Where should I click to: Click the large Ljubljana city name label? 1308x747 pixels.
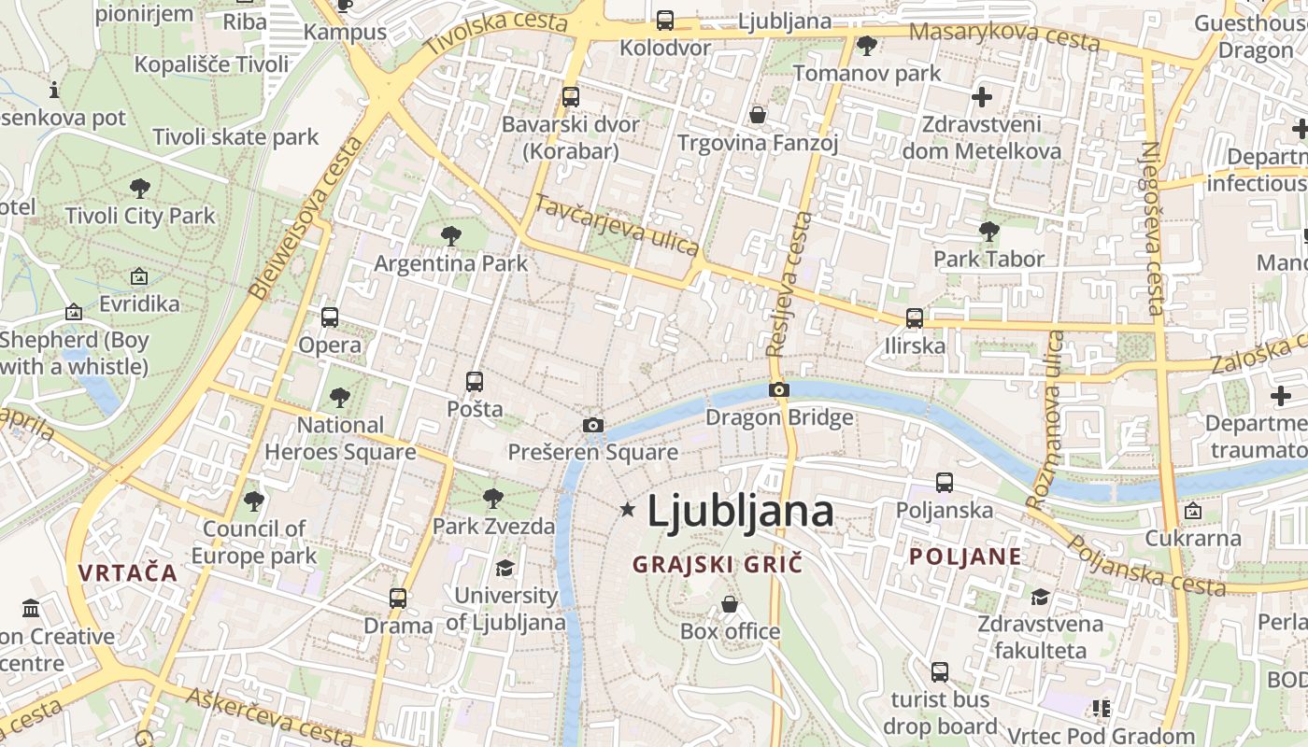point(740,511)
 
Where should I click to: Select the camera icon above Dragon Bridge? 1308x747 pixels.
point(779,389)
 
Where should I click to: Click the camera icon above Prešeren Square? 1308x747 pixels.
point(592,426)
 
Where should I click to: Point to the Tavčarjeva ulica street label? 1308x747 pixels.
point(617,225)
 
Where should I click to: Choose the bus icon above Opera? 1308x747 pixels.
point(330,317)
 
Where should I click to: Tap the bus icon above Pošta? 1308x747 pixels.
point(475,382)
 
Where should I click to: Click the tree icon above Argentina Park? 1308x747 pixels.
point(451,236)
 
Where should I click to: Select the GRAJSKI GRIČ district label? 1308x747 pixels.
point(718,564)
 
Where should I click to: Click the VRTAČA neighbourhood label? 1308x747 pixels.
point(128,572)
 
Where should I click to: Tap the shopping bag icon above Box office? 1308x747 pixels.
point(730,605)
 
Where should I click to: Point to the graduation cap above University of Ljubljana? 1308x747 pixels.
point(505,568)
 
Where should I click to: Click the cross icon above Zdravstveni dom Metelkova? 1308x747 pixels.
point(982,96)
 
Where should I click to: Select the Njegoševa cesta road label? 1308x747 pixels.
point(1153,228)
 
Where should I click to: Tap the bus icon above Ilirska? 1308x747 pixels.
point(915,318)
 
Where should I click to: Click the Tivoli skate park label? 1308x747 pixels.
point(235,137)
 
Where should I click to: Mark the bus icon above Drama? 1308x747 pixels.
point(398,599)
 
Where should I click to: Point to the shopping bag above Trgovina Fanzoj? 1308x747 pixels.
point(758,115)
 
